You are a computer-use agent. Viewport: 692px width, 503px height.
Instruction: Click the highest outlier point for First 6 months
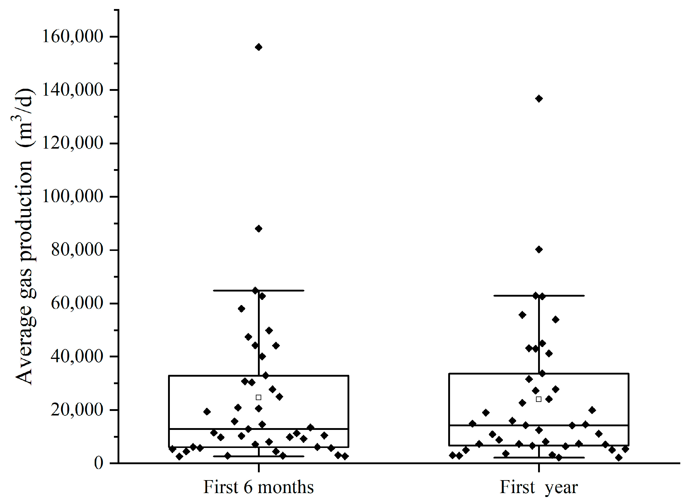(259, 47)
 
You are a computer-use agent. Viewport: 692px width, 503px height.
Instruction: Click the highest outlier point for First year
(539, 98)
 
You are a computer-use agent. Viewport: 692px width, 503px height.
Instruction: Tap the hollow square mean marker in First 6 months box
(259, 397)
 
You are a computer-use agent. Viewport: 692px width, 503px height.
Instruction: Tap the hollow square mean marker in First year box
(539, 399)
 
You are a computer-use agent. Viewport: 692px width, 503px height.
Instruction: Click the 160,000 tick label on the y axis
(73, 36)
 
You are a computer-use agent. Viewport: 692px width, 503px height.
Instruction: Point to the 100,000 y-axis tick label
(73, 196)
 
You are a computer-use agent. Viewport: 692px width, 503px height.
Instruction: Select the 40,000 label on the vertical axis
(77, 356)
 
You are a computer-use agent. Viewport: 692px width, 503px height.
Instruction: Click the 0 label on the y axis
(98, 463)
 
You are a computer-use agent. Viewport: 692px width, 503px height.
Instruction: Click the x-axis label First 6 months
(259, 487)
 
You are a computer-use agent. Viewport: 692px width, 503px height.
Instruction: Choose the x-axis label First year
(539, 487)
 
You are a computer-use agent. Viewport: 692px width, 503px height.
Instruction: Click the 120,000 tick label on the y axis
(73, 143)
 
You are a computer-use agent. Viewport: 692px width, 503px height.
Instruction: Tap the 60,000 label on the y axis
(77, 303)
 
